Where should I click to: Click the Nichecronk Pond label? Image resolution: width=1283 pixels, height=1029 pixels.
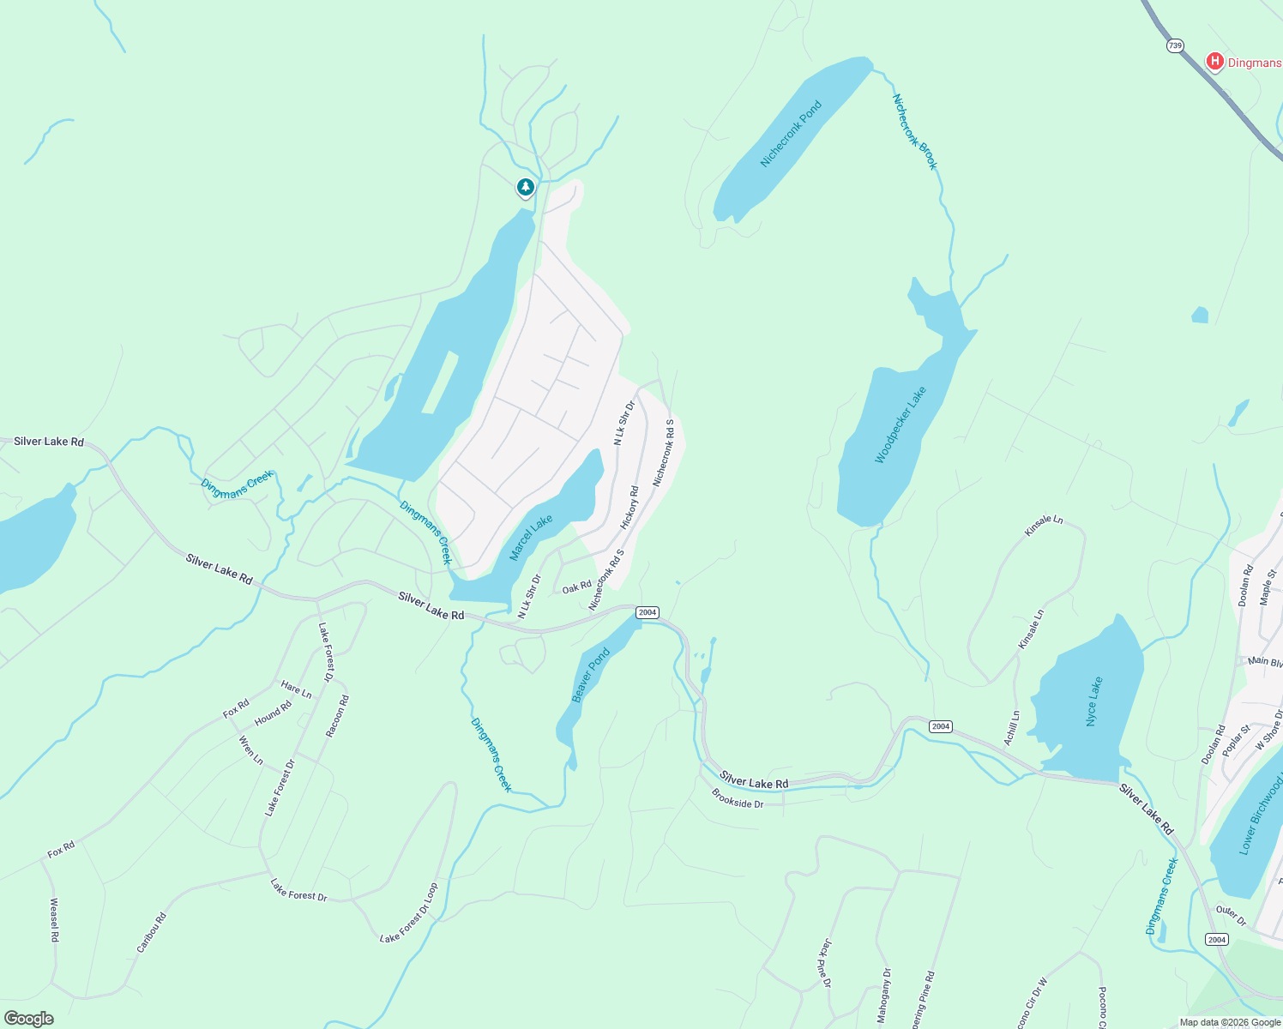tap(791, 134)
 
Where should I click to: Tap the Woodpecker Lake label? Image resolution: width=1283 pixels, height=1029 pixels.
tap(901, 425)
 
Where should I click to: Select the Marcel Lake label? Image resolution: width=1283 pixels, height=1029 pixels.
tap(531, 538)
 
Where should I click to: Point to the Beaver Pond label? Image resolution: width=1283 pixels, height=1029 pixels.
tap(591, 675)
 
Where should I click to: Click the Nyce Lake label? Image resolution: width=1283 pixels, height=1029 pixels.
tap(1093, 701)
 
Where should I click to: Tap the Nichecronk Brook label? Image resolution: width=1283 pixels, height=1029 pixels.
tap(915, 132)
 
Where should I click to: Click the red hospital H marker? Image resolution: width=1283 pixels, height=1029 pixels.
tap(1214, 61)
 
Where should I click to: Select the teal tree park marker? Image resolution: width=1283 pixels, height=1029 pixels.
tap(525, 186)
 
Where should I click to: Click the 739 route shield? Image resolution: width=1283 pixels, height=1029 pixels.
tap(1175, 45)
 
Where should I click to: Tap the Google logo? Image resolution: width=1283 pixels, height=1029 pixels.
tap(28, 1019)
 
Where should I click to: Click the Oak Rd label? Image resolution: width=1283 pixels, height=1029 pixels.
tap(576, 587)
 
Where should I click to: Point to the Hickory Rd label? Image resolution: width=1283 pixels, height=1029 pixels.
tap(630, 508)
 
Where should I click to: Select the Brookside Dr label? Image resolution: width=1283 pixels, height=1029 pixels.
tap(738, 799)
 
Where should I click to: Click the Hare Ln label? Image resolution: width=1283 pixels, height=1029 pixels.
tap(297, 689)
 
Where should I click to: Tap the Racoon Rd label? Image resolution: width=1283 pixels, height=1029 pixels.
tap(337, 716)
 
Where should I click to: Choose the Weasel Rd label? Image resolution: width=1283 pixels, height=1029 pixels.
tap(54, 919)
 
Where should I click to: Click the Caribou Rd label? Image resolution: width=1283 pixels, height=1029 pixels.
tap(151, 932)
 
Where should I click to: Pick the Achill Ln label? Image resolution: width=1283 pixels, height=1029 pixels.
tap(1012, 727)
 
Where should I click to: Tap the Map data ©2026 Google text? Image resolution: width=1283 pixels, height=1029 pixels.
tap(1229, 1022)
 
